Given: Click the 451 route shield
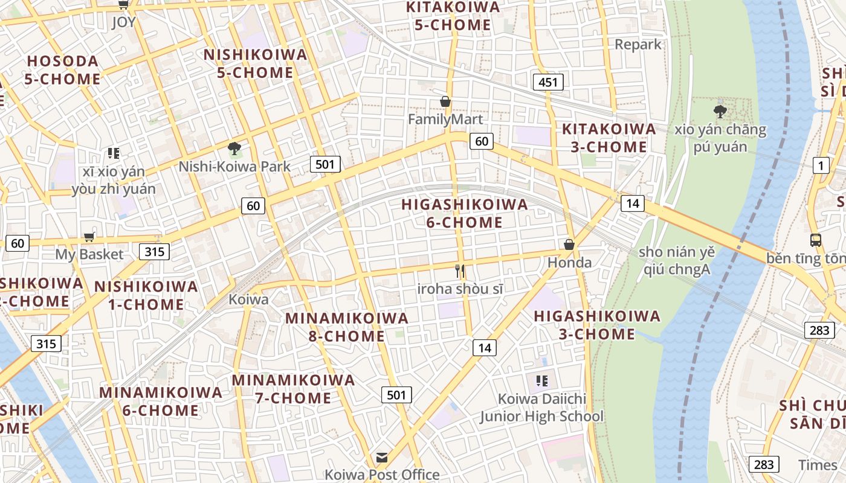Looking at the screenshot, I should [x=548, y=82].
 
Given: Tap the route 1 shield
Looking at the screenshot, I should [x=821, y=165].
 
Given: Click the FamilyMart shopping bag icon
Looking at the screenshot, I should [x=445, y=101].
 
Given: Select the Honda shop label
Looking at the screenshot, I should [x=569, y=263].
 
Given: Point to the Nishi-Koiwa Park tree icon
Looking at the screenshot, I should [x=234, y=149].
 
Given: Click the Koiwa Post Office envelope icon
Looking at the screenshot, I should [x=382, y=457].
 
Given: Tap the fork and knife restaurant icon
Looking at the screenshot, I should [x=460, y=271].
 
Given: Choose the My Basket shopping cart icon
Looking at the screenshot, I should [x=89, y=237].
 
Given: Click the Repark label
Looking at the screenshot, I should [x=638, y=44].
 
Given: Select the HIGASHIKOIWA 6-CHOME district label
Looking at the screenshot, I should [x=465, y=213].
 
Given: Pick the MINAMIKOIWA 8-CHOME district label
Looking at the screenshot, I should [x=346, y=327].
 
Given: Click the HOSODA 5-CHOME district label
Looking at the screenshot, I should [x=63, y=70].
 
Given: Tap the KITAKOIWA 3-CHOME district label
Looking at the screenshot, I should [x=609, y=138].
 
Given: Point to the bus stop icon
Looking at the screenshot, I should [x=815, y=240].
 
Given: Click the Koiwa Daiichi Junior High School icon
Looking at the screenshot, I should [x=541, y=380].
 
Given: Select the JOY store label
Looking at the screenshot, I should [x=123, y=22].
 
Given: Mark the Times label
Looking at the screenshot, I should [x=818, y=465].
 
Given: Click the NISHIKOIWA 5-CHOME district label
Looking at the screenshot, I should [x=256, y=63].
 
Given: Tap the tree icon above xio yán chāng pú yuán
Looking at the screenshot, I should [x=720, y=111].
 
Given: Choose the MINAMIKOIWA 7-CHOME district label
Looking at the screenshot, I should [x=294, y=389].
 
